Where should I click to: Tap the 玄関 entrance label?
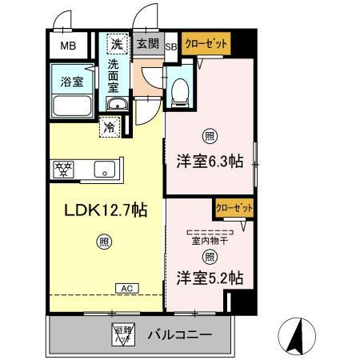(x=146, y=45)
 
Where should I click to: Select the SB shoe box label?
(x=170, y=46)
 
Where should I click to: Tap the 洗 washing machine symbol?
(x=118, y=45)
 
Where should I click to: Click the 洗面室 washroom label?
(x=118, y=74)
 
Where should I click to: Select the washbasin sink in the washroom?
(x=118, y=105)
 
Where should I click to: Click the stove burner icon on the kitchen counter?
(x=63, y=168)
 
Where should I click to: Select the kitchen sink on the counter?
(x=103, y=168)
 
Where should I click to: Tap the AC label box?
(x=126, y=288)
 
